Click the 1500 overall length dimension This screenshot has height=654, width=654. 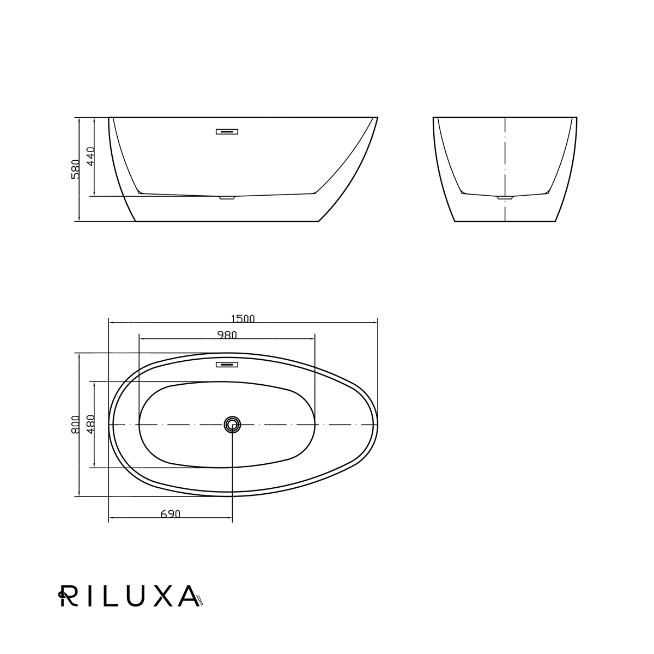[243, 319]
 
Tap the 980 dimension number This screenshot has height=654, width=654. [227, 335]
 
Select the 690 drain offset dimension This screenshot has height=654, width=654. [171, 514]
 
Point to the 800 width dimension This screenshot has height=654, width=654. [75, 424]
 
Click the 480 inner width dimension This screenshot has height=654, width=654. [91, 424]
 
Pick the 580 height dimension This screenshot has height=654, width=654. [75, 169]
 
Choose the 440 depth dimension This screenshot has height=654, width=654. [91, 156]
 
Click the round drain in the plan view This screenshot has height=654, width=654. [232, 424]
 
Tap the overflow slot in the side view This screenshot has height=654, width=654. [227, 132]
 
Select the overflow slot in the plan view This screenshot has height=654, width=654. [227, 365]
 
